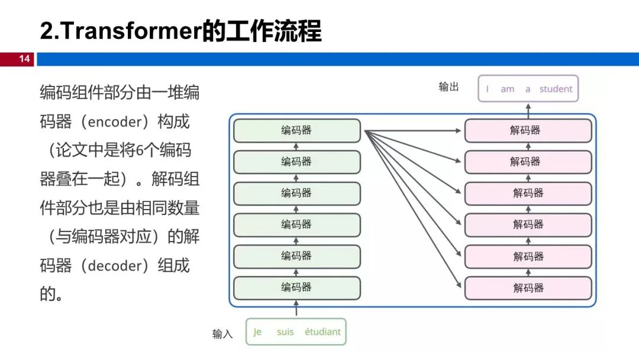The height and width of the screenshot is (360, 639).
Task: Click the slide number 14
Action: click(24, 59)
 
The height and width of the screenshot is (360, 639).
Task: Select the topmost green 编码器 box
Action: click(296, 130)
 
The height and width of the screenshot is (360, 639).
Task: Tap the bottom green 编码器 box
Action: click(296, 287)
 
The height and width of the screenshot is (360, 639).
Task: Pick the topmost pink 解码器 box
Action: click(528, 130)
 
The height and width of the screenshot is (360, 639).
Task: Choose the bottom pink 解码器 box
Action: click(528, 288)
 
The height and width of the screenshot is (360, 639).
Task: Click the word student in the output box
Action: click(556, 89)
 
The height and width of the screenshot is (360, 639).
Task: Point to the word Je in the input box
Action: click(257, 332)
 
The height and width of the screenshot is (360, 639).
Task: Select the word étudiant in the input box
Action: click(322, 332)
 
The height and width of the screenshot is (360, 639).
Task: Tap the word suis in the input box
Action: click(285, 332)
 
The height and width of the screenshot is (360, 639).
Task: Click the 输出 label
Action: click(448, 87)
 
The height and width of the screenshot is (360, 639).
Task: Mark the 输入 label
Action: click(222, 334)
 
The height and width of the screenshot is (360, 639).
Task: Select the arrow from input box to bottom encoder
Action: click(296, 308)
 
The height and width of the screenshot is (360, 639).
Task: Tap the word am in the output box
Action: click(508, 89)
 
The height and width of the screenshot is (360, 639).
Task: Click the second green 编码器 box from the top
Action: click(296, 162)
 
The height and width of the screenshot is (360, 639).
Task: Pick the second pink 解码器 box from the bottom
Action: click(528, 256)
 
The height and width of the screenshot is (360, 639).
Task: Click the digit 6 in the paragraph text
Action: click(140, 150)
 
